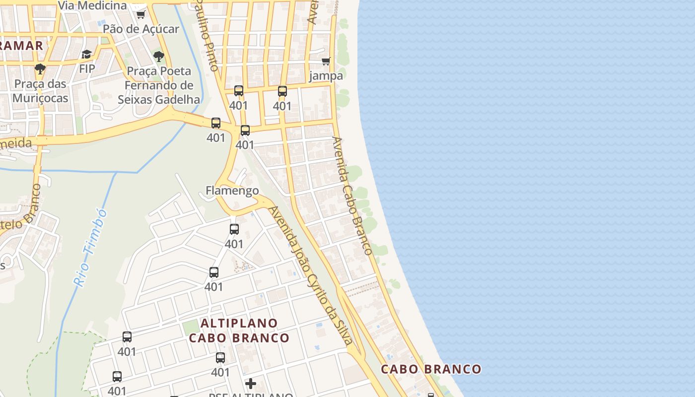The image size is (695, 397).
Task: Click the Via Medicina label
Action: (93, 5)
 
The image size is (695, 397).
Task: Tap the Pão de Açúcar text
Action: (140, 29)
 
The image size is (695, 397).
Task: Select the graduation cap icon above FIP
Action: (87, 54)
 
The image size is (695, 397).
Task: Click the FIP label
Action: (87, 68)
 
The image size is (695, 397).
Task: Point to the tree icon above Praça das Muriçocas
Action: (40, 68)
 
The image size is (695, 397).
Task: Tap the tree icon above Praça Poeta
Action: (159, 56)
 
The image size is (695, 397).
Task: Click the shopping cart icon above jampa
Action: (326, 61)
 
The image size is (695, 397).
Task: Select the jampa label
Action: (326, 76)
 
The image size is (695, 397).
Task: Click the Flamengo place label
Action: (232, 191)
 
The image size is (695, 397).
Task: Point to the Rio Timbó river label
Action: (91, 247)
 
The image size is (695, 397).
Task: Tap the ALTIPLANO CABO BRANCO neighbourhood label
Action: (239, 331)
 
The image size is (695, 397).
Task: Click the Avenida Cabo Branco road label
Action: (352, 196)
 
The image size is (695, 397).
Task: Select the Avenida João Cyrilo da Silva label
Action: (311, 275)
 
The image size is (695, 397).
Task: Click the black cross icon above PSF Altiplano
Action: (251, 383)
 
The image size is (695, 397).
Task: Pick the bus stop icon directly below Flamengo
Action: (234, 229)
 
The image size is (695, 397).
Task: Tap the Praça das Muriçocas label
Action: (40, 91)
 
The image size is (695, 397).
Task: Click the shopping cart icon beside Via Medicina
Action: (140, 14)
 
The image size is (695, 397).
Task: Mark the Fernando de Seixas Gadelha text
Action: (159, 92)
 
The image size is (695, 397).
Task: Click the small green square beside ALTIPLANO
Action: (190, 327)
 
